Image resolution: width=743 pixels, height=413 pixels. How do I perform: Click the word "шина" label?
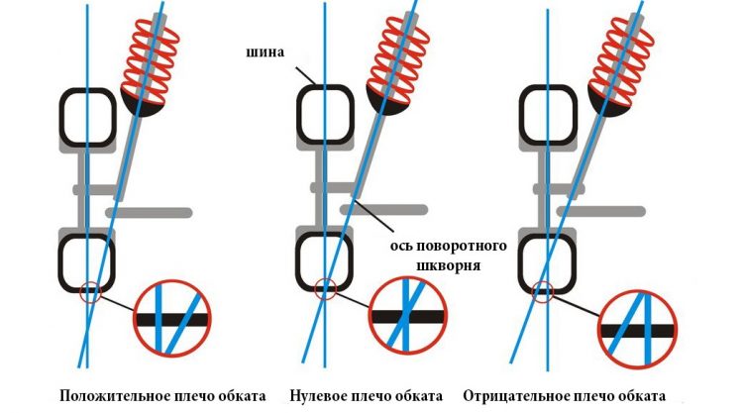click(265, 52)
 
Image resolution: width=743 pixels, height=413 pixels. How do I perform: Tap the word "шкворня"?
click(448, 265)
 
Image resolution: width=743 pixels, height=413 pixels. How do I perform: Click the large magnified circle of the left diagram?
click(135, 319)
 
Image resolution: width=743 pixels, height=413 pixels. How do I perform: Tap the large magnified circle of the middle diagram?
click(371, 316)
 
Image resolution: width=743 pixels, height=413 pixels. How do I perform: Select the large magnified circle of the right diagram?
click(599, 329)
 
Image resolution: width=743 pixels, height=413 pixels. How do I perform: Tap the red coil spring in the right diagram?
click(621, 60)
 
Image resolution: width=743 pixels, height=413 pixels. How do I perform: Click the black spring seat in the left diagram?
click(142, 107)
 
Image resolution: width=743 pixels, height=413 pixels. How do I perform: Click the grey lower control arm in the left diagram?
click(149, 213)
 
